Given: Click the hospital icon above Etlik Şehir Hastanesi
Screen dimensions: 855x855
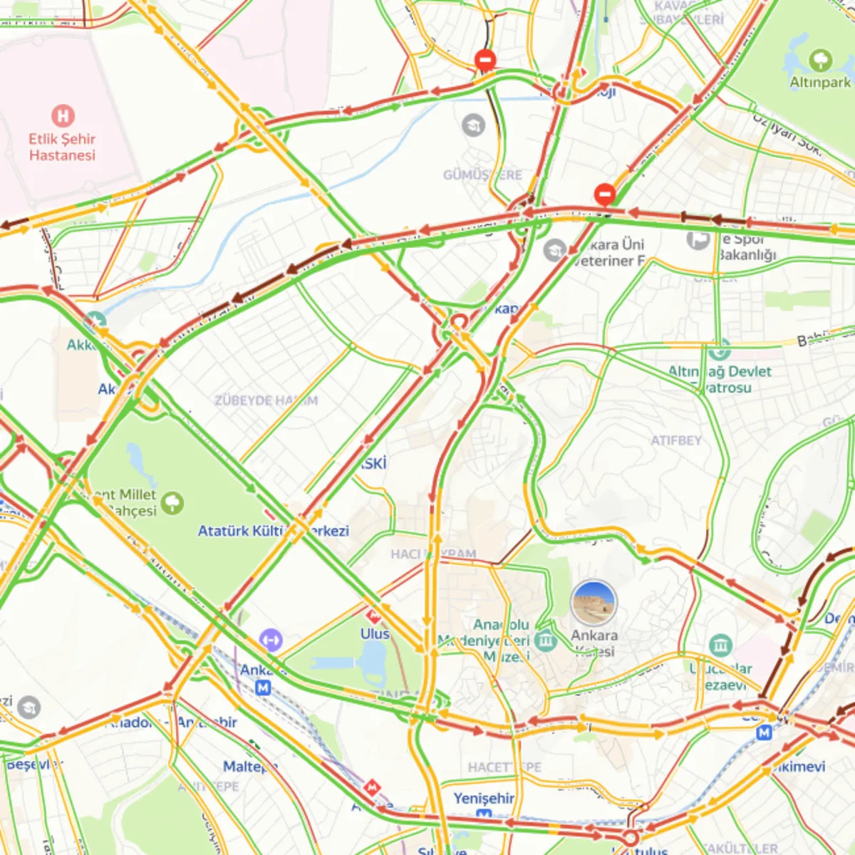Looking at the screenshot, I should pyautogui.click(x=63, y=116).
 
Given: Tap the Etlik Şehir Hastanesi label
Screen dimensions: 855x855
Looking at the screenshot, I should pyautogui.click(x=62, y=147).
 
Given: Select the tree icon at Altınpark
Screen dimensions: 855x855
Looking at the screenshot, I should pyautogui.click(x=821, y=59).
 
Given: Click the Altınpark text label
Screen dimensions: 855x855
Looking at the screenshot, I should pyautogui.click(x=820, y=83).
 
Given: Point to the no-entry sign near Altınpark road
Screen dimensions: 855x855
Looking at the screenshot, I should pyautogui.click(x=605, y=194).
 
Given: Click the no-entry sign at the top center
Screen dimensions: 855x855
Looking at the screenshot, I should pyautogui.click(x=485, y=60).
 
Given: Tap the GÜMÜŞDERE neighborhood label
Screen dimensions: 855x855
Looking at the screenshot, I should pyautogui.click(x=482, y=175).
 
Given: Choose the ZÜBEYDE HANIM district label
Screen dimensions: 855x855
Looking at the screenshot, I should pyautogui.click(x=266, y=400).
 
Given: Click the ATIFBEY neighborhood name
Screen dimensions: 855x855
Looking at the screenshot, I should pyautogui.click(x=675, y=440).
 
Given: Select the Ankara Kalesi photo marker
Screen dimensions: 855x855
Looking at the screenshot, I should pyautogui.click(x=594, y=603).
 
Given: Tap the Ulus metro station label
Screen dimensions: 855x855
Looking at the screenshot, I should pyautogui.click(x=375, y=633).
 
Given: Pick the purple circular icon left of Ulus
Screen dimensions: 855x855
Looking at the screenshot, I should pyautogui.click(x=271, y=640).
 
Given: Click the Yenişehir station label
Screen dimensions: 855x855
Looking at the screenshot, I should pyautogui.click(x=484, y=798).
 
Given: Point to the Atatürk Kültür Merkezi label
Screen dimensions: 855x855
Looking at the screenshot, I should pyautogui.click(x=273, y=531).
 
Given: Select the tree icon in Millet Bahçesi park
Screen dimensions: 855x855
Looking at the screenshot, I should pyautogui.click(x=172, y=503).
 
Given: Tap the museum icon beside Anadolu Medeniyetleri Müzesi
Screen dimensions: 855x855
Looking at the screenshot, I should pyautogui.click(x=546, y=640).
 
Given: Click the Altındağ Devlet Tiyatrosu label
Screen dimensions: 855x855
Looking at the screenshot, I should pyautogui.click(x=720, y=379).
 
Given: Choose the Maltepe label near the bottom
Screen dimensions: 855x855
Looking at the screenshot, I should pyautogui.click(x=249, y=767).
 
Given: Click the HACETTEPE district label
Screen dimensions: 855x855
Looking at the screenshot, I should pyautogui.click(x=504, y=767).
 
